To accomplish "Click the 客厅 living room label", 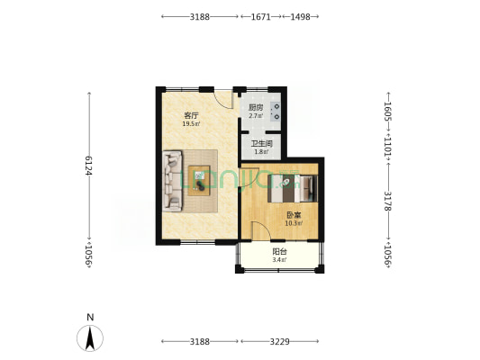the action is coord(191,115).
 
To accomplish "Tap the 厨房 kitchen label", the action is coord(256,108).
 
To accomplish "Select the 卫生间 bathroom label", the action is coord(262,143).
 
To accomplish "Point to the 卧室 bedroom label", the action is coord(294,215).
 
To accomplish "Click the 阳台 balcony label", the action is coord(279,252).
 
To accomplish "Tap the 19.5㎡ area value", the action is coord(191,124).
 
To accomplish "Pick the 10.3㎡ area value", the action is coord(294,223).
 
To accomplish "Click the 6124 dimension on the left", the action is coord(89,166).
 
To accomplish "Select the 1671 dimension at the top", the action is coord(261,17).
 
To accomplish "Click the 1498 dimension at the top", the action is coord(300,17).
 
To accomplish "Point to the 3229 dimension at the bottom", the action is coord(279,341).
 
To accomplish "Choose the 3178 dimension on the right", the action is coord(388,201).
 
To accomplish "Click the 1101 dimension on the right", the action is coord(388,148).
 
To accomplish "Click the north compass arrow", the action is coord(90,338).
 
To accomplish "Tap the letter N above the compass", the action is coord(90,318).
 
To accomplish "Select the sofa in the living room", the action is coord(172,181).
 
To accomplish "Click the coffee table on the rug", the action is coord(199,181).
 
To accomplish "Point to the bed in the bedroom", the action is coord(293,188).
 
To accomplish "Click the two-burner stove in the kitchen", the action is coord(276,112).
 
